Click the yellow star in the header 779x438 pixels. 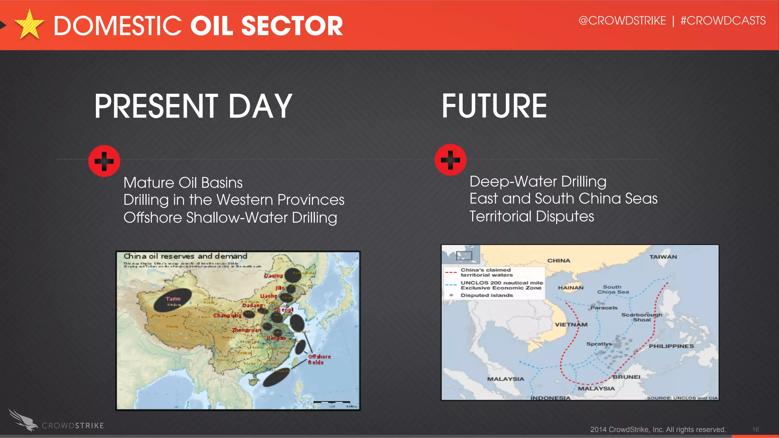coord(29,25)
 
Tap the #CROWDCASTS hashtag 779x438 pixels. coord(723,21)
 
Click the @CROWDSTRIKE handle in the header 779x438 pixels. coord(622,21)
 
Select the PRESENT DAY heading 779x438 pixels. coord(193,106)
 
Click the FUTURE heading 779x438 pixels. coord(494,106)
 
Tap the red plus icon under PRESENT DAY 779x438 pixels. coord(104,161)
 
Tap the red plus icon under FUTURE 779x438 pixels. coord(450,160)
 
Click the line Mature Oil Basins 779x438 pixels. coord(183,183)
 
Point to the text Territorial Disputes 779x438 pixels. coord(531,217)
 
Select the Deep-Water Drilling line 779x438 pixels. coord(538,182)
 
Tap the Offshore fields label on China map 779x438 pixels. coord(319,359)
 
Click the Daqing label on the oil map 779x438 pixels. coord(273,275)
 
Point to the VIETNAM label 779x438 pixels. coord(571,324)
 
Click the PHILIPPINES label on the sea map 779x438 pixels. coord(671,346)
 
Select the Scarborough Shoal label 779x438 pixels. coord(641,317)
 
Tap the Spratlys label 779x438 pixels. coord(599,344)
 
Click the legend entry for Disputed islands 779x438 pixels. coord(486,295)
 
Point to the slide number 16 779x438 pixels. coord(755,429)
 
